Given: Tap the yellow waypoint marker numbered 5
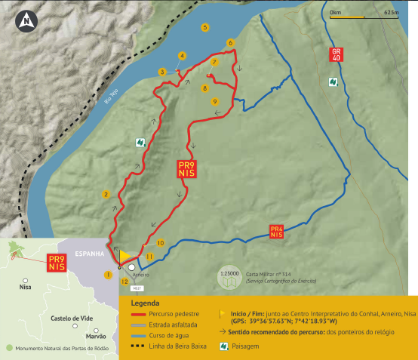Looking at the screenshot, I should (204, 27).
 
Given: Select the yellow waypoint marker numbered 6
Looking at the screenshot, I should (230, 42).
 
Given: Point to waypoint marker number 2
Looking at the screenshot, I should (106, 194).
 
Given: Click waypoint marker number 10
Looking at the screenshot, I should (160, 243).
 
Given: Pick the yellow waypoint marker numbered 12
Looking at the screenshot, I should (124, 282).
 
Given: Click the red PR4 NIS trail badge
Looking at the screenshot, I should (276, 231).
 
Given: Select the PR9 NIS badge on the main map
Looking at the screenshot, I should (186, 169).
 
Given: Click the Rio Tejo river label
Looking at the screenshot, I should (111, 96).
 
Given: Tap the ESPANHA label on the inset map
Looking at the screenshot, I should (89, 254).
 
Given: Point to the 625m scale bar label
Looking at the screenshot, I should (390, 13).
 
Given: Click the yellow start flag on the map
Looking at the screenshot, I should (124, 257).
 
